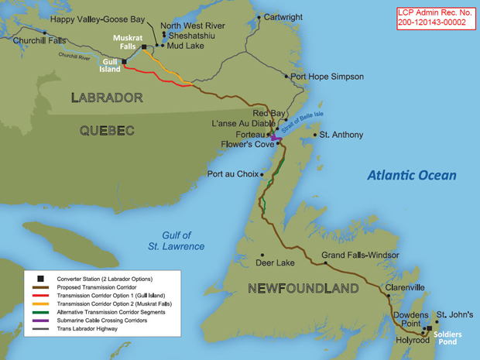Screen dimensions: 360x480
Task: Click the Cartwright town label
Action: pyautogui.click(x=285, y=16)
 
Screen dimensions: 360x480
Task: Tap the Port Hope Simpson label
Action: pyautogui.click(x=322, y=77)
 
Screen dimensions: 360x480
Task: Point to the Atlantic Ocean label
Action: pyautogui.click(x=411, y=176)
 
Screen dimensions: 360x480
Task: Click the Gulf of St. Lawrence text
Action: pyautogui.click(x=177, y=241)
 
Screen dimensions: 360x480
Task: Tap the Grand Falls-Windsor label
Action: pyautogui.click(x=360, y=255)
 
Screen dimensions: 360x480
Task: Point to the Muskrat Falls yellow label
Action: pyautogui.click(x=128, y=43)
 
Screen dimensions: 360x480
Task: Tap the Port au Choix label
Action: pyautogui.click(x=231, y=173)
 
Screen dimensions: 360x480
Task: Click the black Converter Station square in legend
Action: pyautogui.click(x=36, y=277)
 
